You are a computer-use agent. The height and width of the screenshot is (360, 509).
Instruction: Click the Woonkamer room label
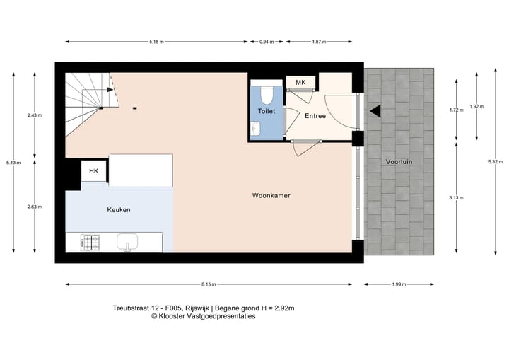[272, 194]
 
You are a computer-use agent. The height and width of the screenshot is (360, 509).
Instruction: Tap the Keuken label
[119, 210]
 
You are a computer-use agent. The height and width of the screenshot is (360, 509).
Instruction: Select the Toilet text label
[267, 112]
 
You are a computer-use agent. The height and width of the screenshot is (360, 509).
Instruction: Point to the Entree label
[315, 116]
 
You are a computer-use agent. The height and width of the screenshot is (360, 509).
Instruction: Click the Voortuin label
[399, 162]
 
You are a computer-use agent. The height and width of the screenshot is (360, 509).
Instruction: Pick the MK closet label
[300, 83]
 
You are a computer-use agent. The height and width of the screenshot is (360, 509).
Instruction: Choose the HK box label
[93, 171]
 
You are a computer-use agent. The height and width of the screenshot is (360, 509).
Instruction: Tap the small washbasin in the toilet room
[255, 128]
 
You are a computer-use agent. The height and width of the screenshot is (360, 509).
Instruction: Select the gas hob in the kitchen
[92, 243]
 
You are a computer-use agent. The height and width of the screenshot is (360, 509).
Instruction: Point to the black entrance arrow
[375, 110]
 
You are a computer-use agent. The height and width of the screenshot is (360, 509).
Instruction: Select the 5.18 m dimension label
[156, 42]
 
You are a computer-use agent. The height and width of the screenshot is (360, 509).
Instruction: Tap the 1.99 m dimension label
[399, 284]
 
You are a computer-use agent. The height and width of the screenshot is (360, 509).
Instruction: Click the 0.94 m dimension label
[264, 42]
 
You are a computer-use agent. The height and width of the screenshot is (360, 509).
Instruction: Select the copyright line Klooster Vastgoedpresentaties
[204, 317]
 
